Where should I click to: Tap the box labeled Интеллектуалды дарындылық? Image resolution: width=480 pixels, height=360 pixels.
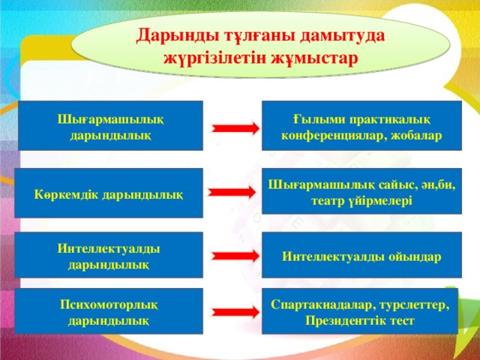[x=112, y=256]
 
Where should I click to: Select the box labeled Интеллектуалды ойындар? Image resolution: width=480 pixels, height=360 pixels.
[x=361, y=256]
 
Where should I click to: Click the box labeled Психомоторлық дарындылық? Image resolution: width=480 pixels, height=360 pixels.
[x=112, y=311]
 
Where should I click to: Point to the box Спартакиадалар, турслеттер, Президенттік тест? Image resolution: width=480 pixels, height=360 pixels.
[x=361, y=311]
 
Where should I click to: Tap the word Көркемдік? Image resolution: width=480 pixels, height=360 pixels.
[x=65, y=194]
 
